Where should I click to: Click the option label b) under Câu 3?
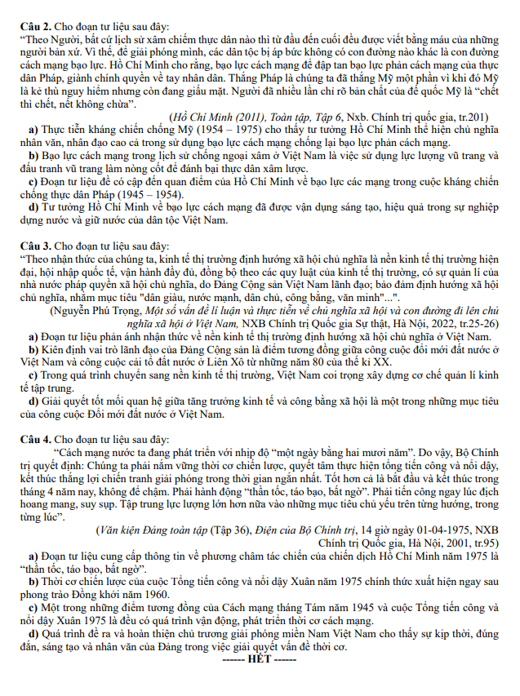coord(33,347)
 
